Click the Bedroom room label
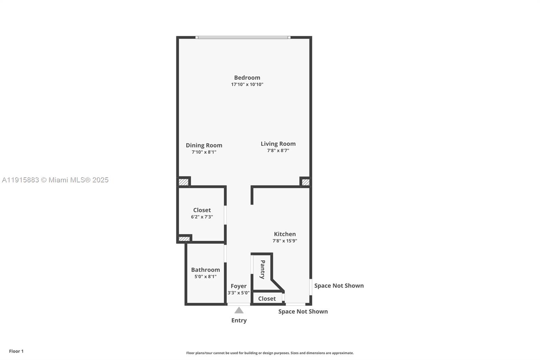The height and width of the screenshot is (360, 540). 247,78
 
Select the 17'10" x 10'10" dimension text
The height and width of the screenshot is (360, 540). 247,84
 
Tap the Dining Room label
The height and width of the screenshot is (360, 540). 204,145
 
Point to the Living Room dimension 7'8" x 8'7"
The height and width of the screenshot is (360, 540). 278,151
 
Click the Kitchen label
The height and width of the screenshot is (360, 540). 285,234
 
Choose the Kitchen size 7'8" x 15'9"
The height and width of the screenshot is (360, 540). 285,241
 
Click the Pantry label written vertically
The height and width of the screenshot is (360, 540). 263,269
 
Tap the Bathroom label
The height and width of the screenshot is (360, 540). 206,270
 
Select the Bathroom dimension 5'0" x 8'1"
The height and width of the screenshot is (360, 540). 206,277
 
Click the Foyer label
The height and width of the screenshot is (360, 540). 239,286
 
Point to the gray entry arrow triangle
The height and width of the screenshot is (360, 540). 239,310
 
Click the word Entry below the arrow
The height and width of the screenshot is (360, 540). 239,320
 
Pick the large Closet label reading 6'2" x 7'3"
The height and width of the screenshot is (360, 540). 202,210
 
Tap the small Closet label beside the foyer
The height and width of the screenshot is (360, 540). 267,299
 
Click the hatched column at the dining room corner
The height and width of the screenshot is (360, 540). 183,182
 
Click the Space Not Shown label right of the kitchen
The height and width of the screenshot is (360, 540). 339,286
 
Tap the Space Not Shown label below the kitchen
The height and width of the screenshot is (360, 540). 303,312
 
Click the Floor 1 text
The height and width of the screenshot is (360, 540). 16,351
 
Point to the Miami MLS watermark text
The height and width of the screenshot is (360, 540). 55,180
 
